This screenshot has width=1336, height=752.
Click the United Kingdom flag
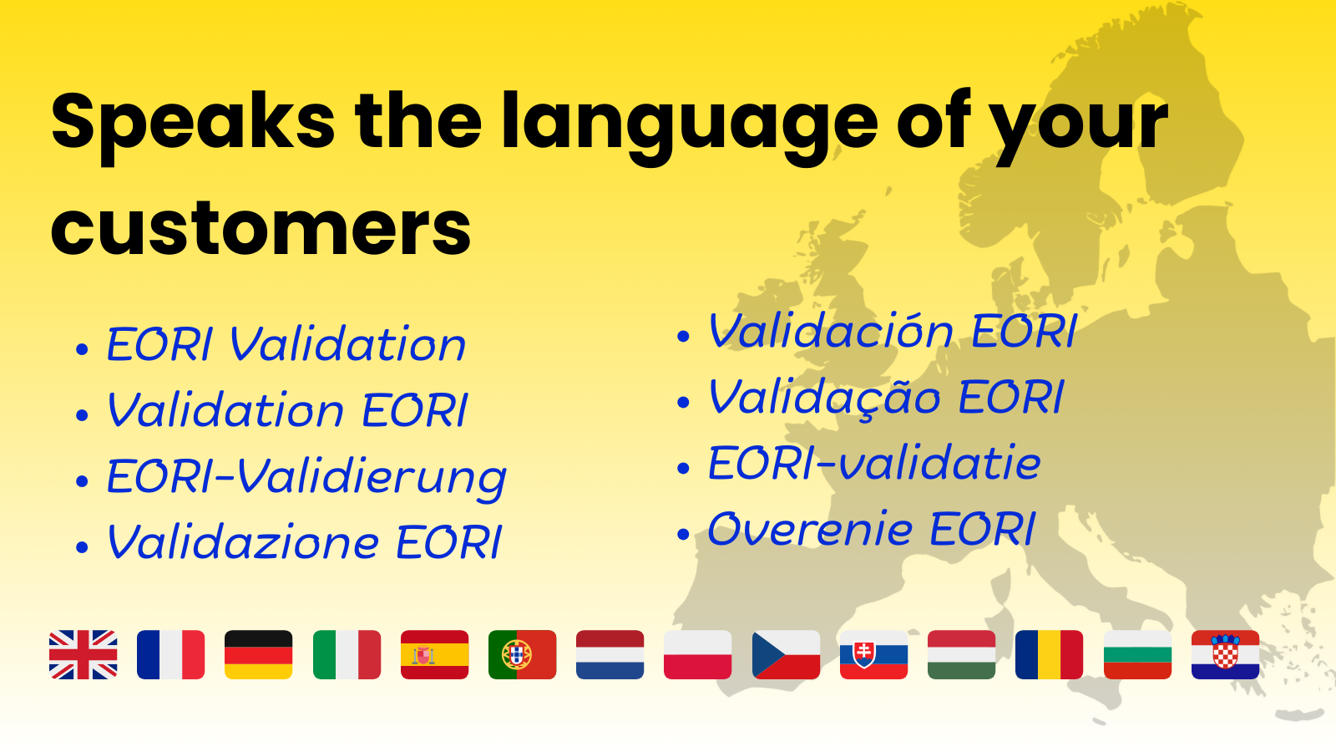click(x=83, y=655)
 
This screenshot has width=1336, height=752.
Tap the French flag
click(x=170, y=655)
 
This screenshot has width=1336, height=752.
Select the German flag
click(x=258, y=655)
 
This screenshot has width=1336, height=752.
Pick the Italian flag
click(x=347, y=655)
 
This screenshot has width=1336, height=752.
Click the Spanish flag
click(x=434, y=655)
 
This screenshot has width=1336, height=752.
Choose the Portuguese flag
click(x=522, y=655)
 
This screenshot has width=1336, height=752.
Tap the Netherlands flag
click(x=610, y=655)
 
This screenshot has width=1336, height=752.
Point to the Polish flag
click(x=697, y=655)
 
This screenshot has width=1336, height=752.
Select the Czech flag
click(x=786, y=655)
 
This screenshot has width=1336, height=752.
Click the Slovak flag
click(x=873, y=655)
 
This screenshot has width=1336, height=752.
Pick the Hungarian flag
click(x=961, y=655)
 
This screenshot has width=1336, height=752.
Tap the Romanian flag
click(x=1049, y=655)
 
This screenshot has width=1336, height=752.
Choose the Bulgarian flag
click(x=1136, y=655)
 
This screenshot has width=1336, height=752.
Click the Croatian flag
click(x=1225, y=655)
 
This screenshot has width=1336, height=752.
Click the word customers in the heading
click(x=261, y=229)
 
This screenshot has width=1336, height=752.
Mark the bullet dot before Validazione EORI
click(x=83, y=546)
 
